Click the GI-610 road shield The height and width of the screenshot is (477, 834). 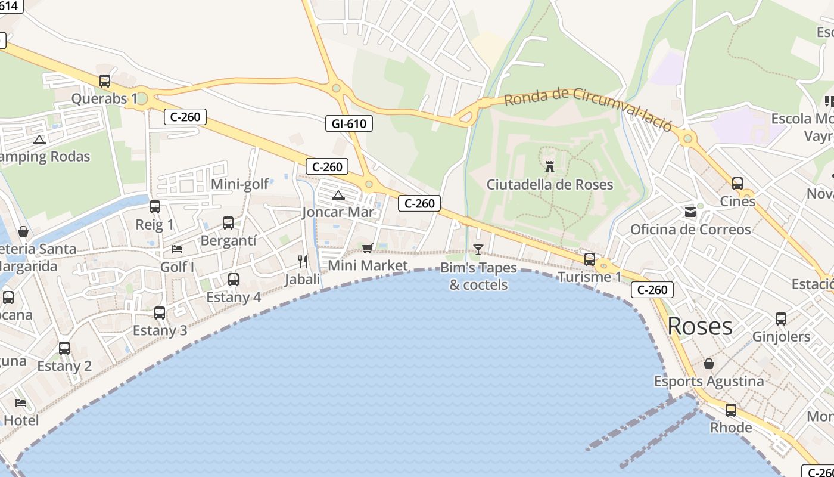click(349, 123)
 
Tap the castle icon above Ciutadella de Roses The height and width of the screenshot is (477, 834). click(550, 166)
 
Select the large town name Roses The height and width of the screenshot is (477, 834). click(700, 326)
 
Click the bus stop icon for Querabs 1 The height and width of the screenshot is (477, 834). click(105, 80)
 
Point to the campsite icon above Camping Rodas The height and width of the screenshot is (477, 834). click(39, 140)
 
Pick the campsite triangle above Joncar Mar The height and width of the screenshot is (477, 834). click(338, 195)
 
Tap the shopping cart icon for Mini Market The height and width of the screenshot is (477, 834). click(368, 248)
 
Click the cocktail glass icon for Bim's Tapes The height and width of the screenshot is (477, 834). click(478, 249)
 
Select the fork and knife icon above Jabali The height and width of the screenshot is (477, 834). click(303, 261)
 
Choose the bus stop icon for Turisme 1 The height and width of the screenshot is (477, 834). click(590, 259)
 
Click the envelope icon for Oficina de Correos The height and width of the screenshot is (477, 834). click(690, 212)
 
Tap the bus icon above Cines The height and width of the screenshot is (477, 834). click(737, 184)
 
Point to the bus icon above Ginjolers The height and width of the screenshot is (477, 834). click(781, 319)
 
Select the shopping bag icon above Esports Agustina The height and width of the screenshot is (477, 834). click(709, 364)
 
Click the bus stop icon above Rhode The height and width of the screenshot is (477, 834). click(731, 410)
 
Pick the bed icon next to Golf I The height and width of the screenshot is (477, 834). click(177, 249)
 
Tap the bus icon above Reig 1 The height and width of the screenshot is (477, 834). click(155, 207)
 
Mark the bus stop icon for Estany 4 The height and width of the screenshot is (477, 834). click(234, 279)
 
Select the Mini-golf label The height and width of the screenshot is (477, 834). click(240, 184)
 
